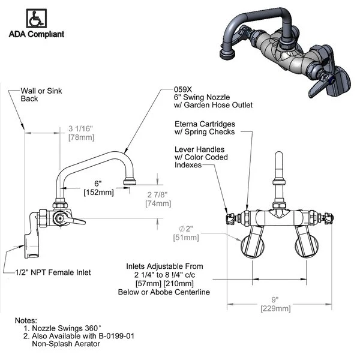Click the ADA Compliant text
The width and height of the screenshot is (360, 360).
tap(37, 34)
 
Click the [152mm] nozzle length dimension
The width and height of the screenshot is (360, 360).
tap(97, 191)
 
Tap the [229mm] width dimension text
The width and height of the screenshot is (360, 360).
tap(275, 308)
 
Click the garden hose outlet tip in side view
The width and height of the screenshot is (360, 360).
tap(129, 180)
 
